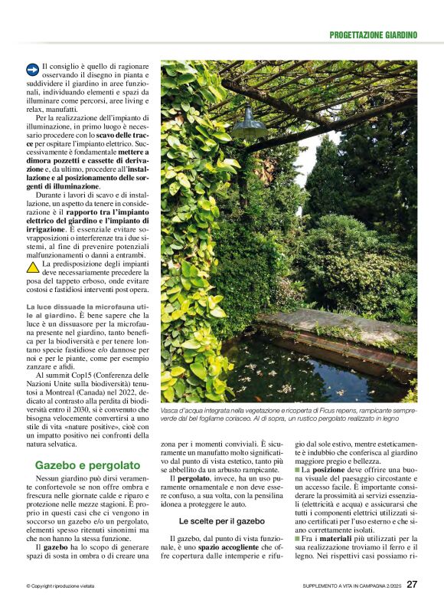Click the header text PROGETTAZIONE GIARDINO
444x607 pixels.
(373, 34)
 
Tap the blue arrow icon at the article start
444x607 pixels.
(32, 69)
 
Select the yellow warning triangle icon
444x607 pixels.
(33, 268)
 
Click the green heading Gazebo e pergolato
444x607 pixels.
(87, 464)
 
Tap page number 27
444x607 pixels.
(412, 584)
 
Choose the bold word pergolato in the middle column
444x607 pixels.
(194, 479)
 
